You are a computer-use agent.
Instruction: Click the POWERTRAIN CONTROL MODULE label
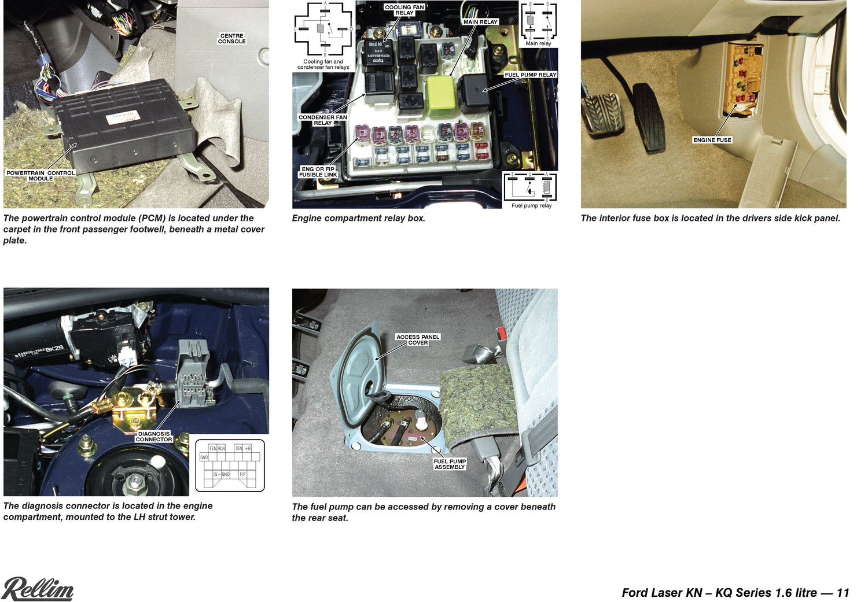coord(41,176)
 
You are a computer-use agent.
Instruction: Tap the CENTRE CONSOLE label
coord(231,39)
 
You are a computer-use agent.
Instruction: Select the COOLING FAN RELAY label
coord(404,10)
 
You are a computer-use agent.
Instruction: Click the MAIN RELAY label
coord(480,22)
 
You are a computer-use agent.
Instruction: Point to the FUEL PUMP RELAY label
coord(530,75)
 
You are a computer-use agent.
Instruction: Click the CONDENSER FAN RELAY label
coord(322,120)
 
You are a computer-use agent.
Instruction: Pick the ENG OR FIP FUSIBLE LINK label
coord(318,172)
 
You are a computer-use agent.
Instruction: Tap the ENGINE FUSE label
coord(712,140)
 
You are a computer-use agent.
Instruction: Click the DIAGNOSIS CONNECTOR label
coord(153,437)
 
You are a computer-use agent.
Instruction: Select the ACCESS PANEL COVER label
coord(418,340)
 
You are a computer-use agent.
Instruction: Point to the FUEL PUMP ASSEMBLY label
coord(450,464)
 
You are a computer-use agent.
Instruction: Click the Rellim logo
coord(38,589)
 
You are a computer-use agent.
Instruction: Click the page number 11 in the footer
coord(843,593)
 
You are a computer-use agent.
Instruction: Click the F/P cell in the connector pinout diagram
coord(242,474)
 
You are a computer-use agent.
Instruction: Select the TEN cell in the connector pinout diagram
coord(238,448)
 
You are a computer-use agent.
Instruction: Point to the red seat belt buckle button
coord(502,333)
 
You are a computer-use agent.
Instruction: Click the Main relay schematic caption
coord(538,43)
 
